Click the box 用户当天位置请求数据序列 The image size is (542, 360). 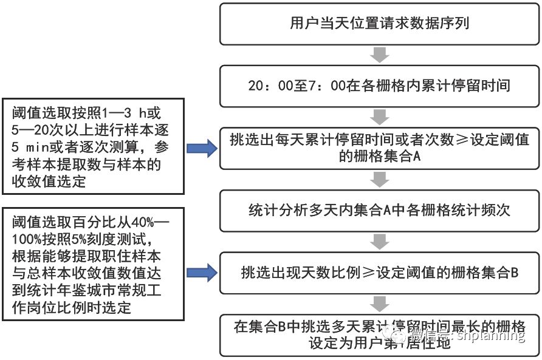click(x=379, y=24)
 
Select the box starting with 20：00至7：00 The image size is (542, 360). click(x=379, y=86)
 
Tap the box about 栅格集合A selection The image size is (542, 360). click(x=379, y=148)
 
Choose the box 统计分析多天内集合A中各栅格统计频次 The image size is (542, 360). click(x=379, y=210)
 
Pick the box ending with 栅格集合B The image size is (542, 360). click(x=379, y=273)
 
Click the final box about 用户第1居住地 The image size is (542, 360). click(x=379, y=335)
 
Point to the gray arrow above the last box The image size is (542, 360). click(x=380, y=303)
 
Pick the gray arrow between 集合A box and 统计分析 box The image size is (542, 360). click(x=380, y=179)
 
